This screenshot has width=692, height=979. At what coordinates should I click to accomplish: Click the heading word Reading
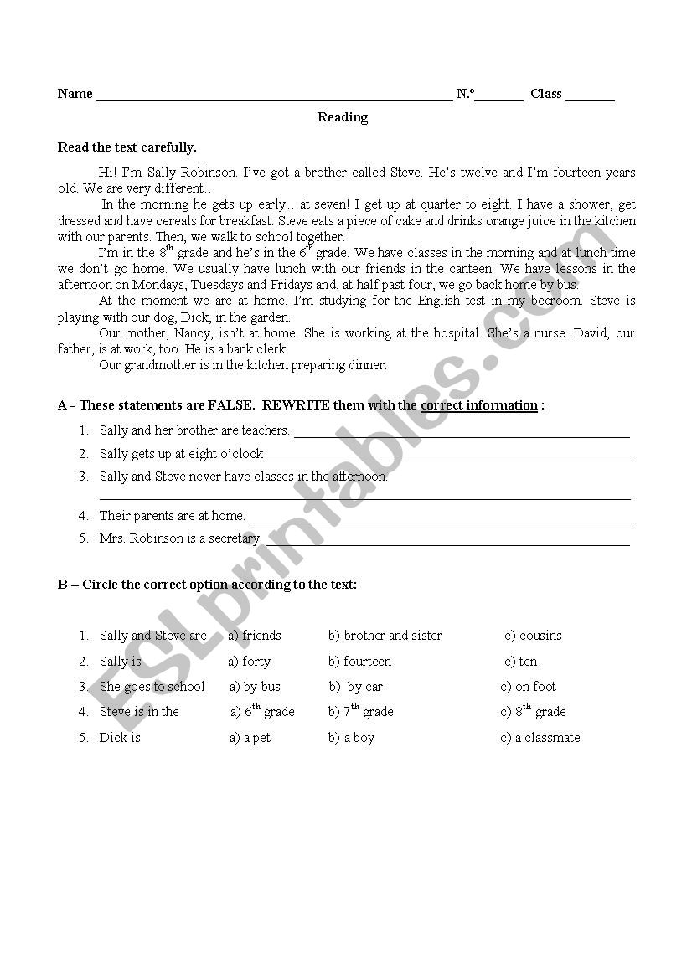(x=342, y=117)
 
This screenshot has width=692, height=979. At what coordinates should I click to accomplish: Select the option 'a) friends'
(x=255, y=636)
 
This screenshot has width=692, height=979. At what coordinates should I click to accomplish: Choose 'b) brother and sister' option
(x=385, y=636)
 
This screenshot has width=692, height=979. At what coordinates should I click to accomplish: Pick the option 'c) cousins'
(x=533, y=636)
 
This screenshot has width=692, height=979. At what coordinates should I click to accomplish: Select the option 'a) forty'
(x=250, y=662)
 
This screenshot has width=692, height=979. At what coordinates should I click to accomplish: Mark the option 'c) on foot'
(x=528, y=687)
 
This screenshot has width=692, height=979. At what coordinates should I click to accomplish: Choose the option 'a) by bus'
(x=255, y=687)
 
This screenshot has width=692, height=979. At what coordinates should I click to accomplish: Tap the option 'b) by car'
(x=356, y=687)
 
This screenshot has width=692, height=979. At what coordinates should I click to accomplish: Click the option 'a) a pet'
(x=250, y=738)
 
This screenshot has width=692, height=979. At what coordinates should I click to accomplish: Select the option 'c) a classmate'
(x=540, y=738)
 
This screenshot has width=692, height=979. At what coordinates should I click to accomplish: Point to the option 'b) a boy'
(x=351, y=738)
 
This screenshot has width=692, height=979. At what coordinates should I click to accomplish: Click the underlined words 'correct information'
(x=479, y=405)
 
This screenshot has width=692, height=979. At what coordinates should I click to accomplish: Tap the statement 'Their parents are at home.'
(x=172, y=516)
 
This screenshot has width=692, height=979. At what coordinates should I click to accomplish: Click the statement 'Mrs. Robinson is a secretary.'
(x=180, y=538)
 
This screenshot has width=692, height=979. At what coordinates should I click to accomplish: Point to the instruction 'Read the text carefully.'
(x=127, y=147)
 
